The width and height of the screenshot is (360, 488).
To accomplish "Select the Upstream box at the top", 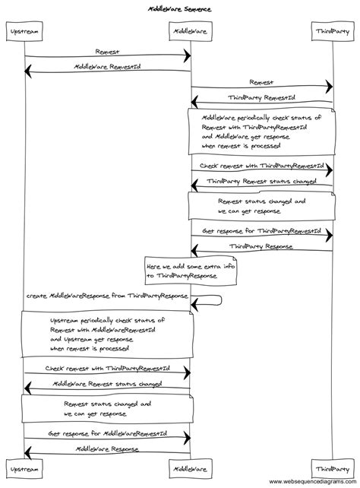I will pos(24,32).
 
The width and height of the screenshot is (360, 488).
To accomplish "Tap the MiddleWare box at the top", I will pos(190,32).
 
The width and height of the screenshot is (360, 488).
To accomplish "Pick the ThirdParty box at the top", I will pos(333,32).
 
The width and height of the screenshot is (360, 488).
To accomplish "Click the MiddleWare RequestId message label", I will pos(107,66).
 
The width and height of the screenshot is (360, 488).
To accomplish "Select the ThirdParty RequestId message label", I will pos(262,97).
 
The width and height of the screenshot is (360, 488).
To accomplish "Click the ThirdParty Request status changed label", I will pos(262,182).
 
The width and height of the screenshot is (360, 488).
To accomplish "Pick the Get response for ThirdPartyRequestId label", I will pos(261,230).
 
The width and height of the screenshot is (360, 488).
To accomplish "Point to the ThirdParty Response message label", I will pos(262,246).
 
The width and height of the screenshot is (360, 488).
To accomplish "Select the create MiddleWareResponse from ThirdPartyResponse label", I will pos(107,295).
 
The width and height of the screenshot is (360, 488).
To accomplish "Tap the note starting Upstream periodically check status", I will pos(106,334).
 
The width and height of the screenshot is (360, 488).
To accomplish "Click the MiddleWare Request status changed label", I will pos(107,384).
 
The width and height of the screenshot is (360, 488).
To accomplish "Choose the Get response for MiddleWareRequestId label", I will pos(107,433).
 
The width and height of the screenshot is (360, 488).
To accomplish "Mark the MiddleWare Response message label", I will pos(107,449).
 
